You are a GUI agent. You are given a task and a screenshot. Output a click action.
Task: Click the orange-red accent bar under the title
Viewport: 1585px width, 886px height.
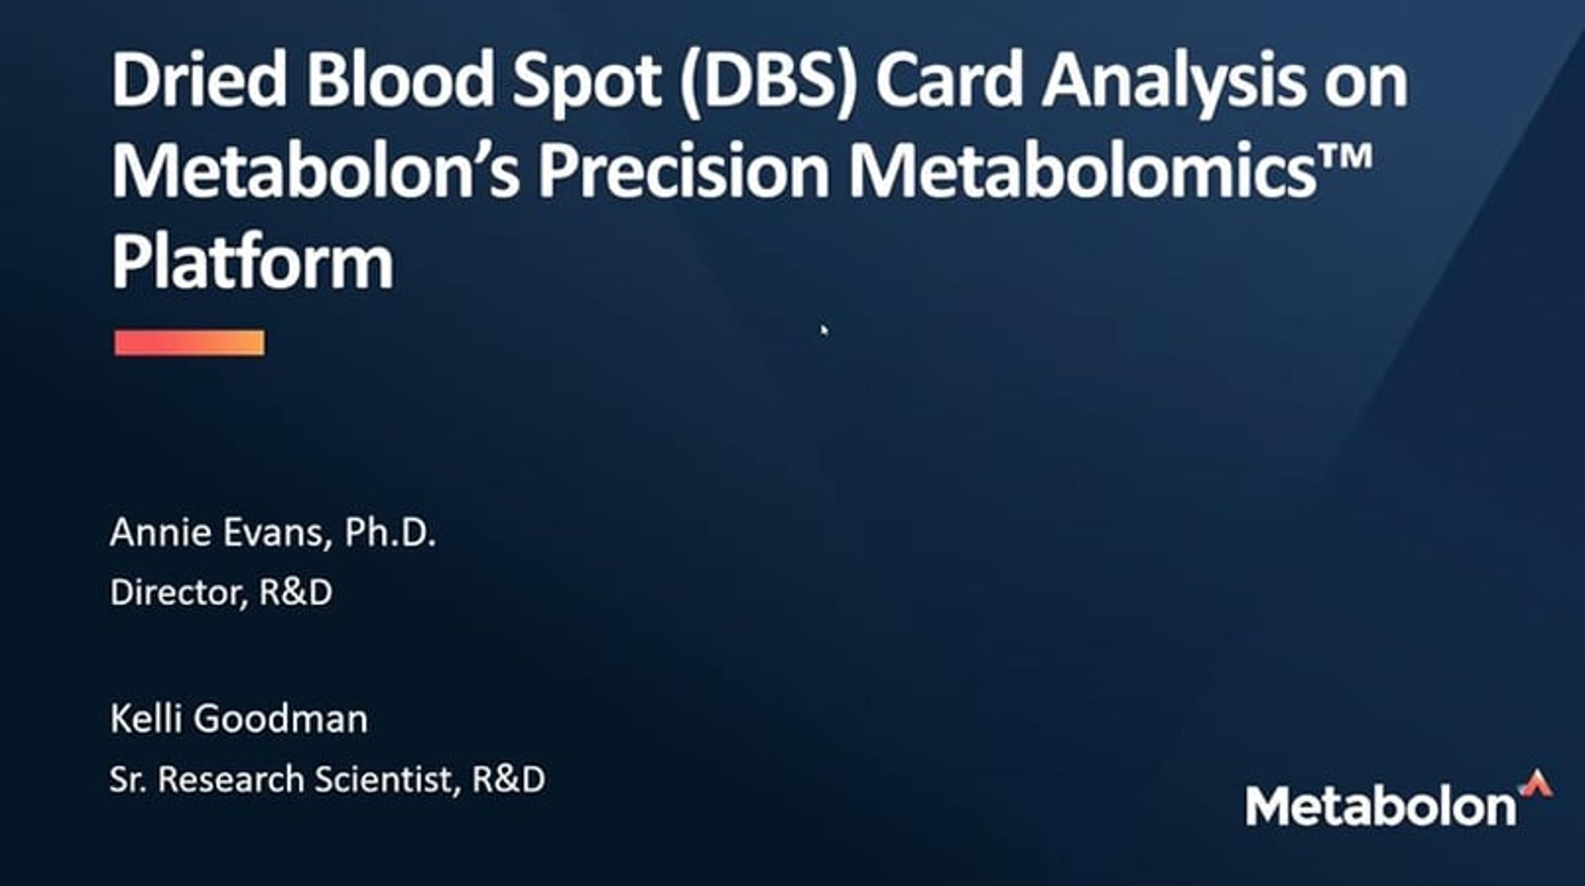(189, 343)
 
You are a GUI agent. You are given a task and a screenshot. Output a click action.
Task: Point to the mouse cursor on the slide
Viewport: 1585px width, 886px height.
(824, 331)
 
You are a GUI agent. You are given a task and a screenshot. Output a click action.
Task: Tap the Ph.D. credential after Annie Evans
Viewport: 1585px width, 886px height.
(390, 532)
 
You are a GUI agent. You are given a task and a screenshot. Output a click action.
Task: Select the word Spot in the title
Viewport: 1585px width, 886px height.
(587, 83)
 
